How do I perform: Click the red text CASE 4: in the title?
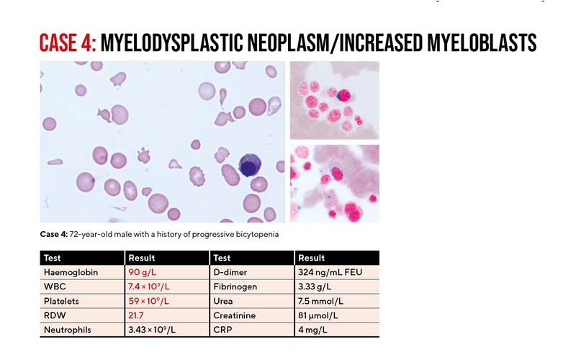coord(67,42)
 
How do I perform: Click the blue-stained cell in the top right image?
coord(343,95)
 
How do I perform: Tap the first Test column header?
coord(53,258)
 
